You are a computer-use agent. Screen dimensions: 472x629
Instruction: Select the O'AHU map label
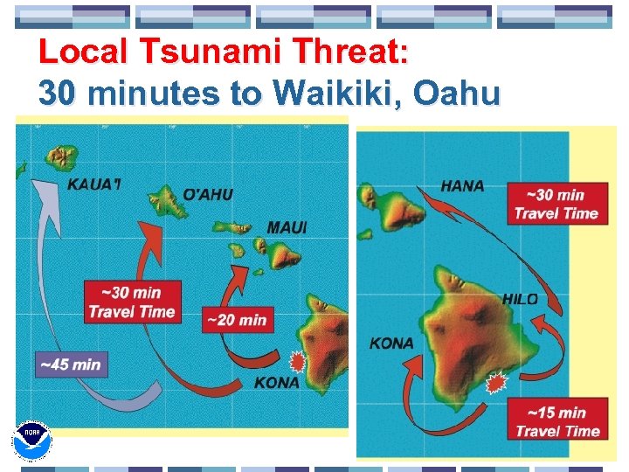tap(208, 194)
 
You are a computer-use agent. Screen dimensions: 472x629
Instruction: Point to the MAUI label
tap(287, 227)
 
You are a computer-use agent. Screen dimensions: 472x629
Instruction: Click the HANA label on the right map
tap(462, 186)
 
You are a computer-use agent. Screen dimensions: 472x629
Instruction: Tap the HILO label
tap(520, 300)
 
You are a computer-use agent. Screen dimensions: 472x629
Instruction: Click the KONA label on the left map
tap(276, 383)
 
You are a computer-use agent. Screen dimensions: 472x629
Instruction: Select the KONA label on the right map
tap(391, 344)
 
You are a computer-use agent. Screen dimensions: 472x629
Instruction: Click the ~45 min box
tap(71, 364)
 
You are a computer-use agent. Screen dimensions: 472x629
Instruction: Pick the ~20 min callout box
tap(235, 320)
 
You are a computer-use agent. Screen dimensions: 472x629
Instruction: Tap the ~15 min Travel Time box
tap(556, 421)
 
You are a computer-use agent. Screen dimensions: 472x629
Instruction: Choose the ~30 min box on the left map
tap(131, 302)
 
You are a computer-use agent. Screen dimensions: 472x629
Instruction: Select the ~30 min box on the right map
tap(556, 204)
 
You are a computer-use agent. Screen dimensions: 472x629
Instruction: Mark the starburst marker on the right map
tap(497, 382)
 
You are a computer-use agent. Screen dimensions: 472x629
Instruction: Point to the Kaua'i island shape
tap(60, 157)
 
